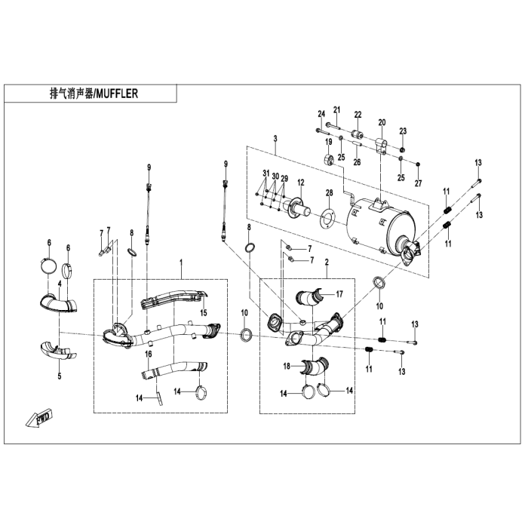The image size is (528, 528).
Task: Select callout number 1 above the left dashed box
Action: pos(181,262)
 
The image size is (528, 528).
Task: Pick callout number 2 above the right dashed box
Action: pos(327,262)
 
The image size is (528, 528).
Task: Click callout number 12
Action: pos(300,183)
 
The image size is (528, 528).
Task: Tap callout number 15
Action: pos(203,313)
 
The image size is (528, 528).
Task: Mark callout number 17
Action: pos(339,293)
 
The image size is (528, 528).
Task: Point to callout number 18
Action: pos(287,366)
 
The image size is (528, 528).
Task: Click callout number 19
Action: pos(329,142)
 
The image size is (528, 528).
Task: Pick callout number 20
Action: pos(382,122)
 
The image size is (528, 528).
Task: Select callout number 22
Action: pos(358,115)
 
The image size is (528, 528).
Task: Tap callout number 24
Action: pos(321,114)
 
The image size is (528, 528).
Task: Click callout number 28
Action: pos(329,194)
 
